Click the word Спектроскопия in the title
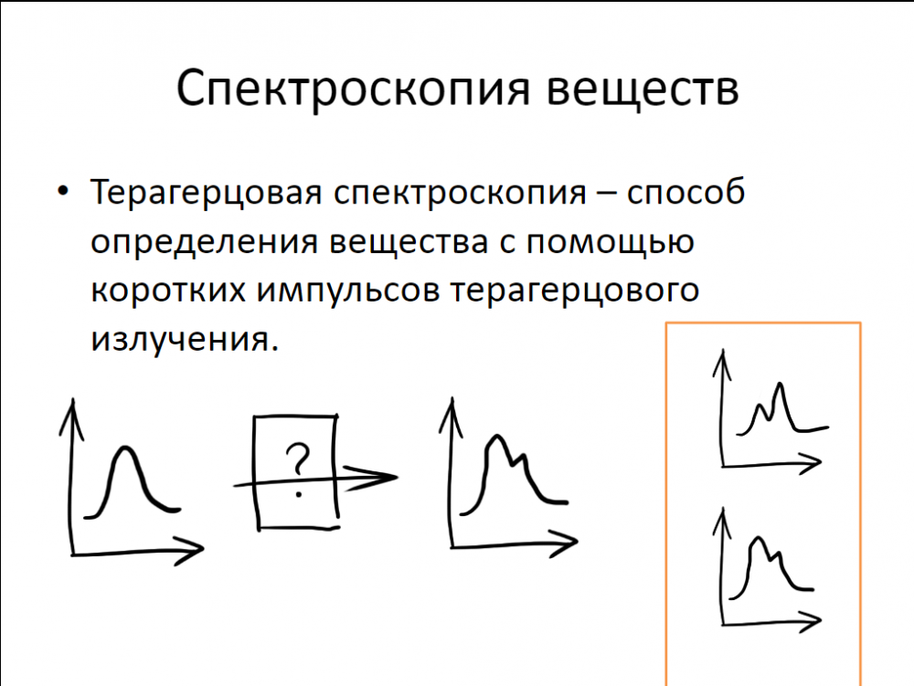(353, 90)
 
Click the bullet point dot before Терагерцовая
(63, 191)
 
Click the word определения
(204, 242)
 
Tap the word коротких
(168, 290)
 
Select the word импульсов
(348, 290)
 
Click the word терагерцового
(575, 290)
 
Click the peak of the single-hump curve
(124, 448)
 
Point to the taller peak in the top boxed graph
(780, 384)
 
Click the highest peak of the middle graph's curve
(496, 437)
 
